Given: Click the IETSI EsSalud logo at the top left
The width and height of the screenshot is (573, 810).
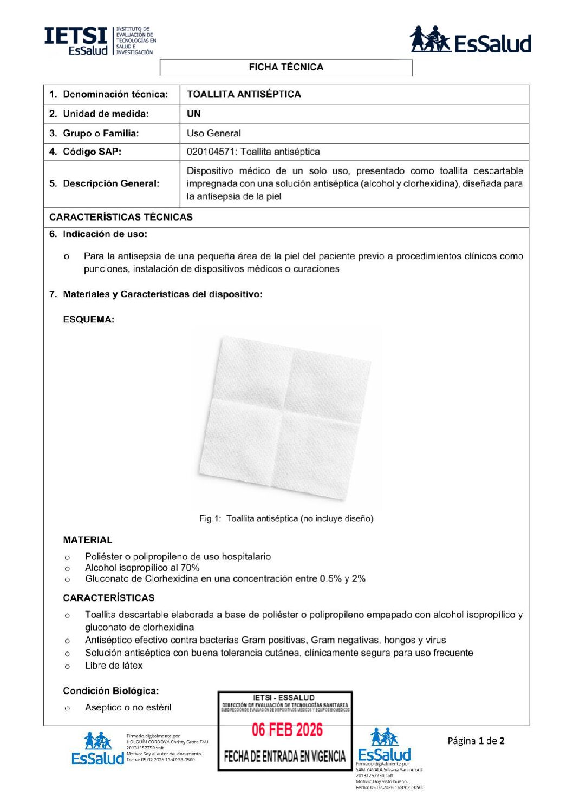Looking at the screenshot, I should (100, 41).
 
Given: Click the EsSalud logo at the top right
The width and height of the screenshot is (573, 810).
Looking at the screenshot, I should (470, 41).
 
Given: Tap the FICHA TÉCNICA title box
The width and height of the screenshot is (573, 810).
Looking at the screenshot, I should (286, 67).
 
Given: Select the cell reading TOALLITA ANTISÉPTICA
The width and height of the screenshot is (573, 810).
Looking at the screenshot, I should (244, 94).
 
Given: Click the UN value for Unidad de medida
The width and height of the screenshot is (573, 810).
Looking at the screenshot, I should (194, 114).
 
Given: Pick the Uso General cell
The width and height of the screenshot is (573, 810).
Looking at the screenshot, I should (214, 133).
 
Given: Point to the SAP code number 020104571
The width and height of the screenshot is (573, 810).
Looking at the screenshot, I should (211, 152).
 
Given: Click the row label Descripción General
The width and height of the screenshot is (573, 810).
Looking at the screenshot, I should (111, 183).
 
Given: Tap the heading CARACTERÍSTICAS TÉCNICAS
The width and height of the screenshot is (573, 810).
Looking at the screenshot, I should (121, 217).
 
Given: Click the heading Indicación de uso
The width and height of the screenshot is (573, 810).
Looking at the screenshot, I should (105, 234).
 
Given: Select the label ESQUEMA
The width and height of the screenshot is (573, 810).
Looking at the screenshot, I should (88, 320).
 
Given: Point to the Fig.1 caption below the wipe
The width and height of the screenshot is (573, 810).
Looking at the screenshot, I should (286, 518).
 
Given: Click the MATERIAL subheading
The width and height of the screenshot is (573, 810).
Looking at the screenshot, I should (88, 540).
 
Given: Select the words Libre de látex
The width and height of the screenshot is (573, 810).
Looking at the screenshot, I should (114, 666).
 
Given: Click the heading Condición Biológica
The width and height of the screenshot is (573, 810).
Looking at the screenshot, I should (110, 691).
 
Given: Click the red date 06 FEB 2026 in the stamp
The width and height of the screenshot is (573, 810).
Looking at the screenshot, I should (287, 730).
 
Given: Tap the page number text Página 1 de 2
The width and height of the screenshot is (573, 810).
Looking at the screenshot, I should (476, 741).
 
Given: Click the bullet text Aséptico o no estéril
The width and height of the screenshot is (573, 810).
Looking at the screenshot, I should (128, 707).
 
